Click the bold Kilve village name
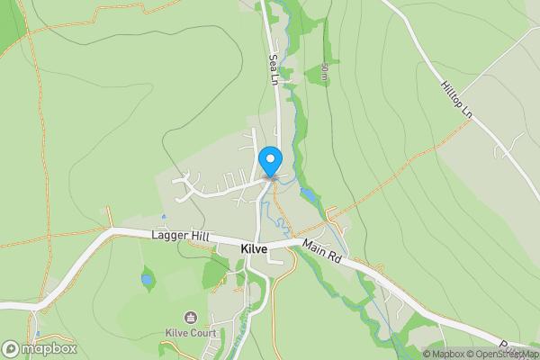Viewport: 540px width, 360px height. click(255, 247)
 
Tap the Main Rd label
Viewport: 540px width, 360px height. click(322, 250)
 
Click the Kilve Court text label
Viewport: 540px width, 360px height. click(190, 332)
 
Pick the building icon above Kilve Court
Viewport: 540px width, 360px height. click(190, 317)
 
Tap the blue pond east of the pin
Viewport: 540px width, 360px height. click(309, 193)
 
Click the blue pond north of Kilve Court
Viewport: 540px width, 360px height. click(147, 280)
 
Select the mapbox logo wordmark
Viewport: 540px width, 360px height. click(49, 348)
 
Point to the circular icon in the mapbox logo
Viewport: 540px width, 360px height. click(11, 348)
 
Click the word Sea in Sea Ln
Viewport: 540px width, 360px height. click(273, 61)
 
